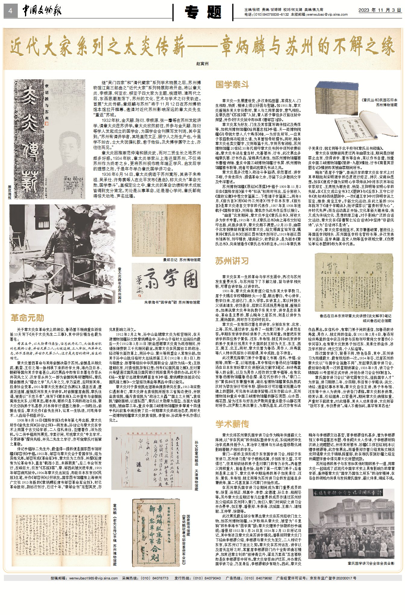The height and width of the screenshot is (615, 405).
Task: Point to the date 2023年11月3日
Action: (379, 10)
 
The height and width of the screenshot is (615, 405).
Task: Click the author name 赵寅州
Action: (202, 64)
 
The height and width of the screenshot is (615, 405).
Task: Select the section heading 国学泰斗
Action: (232, 85)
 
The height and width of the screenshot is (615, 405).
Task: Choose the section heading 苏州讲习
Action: (232, 261)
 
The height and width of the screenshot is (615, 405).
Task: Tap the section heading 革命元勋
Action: (27, 318)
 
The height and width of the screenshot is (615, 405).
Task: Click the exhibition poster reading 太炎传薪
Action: (49, 139)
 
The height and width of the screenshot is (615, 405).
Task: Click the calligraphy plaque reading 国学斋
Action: (166, 281)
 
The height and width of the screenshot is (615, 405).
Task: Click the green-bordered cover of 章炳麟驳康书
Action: (158, 533)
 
